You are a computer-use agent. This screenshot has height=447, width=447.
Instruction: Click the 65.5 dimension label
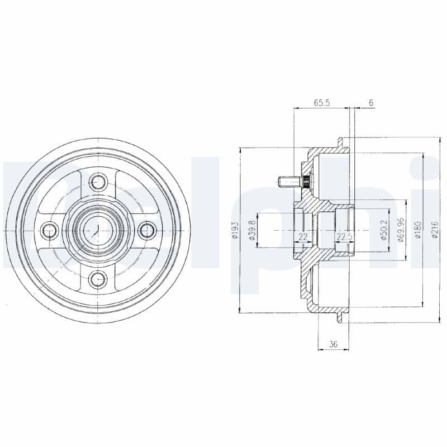(321, 103)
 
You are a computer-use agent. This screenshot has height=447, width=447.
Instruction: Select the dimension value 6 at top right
(371, 103)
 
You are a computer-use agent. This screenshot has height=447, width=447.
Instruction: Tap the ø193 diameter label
(235, 230)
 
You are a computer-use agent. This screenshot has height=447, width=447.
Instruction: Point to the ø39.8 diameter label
(252, 230)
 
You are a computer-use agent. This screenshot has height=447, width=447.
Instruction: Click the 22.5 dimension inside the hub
(344, 237)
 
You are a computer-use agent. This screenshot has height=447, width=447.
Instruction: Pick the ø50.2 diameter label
(384, 230)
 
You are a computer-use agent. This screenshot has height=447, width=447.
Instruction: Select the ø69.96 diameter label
(400, 230)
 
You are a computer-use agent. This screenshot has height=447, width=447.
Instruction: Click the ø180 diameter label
(417, 230)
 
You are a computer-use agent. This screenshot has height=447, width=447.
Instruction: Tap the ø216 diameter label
(435, 230)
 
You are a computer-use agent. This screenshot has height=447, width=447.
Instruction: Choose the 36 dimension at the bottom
(334, 345)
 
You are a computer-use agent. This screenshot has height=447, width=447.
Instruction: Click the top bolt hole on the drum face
(99, 181)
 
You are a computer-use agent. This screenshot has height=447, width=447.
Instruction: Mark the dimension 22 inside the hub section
(303, 237)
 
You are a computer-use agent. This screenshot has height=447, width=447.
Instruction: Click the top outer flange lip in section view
(340, 144)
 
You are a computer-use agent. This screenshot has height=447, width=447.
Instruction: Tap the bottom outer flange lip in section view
(340, 316)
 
